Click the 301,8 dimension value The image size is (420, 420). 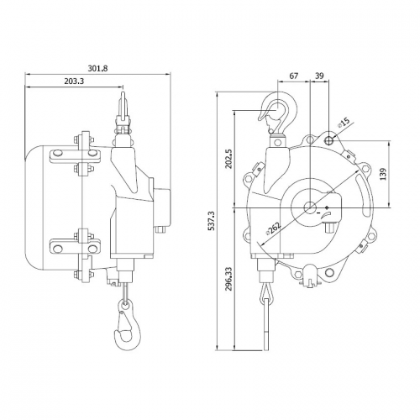tap(99, 68)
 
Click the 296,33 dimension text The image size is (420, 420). tap(229, 290)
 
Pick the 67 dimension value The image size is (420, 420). tap(294, 76)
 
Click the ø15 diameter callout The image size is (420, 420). tap(344, 124)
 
